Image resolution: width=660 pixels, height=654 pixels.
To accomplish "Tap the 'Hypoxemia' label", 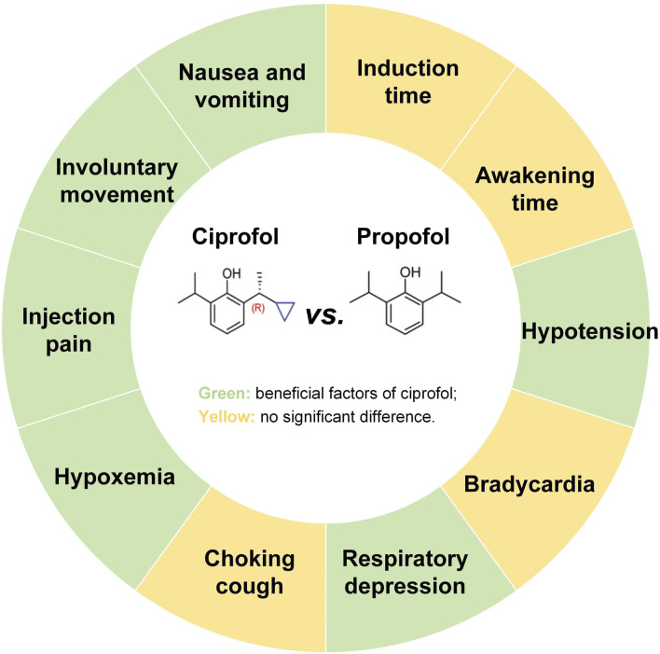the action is click(115, 477).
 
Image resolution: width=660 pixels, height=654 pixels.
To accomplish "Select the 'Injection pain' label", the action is click(69, 330).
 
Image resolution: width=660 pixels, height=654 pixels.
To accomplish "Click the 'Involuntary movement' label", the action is click(116, 182).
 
